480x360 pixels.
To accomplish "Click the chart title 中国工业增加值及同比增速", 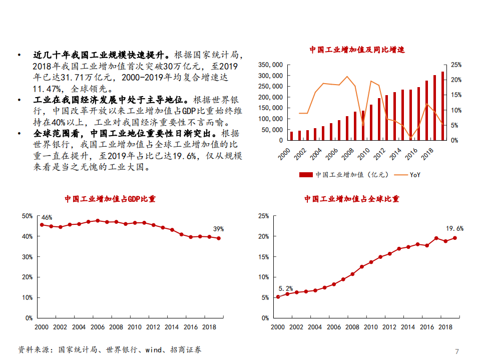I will (x=356, y=50).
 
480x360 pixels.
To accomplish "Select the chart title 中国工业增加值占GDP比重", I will (x=110, y=199).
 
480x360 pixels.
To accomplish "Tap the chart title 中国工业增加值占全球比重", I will (x=352, y=199).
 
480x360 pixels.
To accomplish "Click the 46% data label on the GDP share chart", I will (x=47, y=217).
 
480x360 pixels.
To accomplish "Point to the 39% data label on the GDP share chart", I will (x=218, y=229).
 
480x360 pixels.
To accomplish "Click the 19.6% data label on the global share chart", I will (x=454, y=228).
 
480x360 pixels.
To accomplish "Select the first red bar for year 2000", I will (x=291, y=136).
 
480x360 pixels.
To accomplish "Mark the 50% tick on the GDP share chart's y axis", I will (x=28, y=216).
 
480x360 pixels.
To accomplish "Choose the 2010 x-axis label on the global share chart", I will (x=371, y=327).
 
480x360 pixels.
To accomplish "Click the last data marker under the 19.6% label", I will (x=454, y=238).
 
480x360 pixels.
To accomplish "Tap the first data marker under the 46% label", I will (x=42, y=225).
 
